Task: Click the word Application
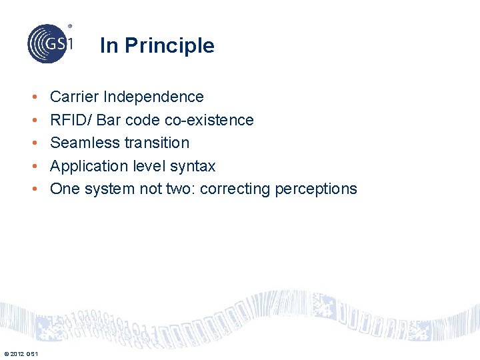tap(86, 166)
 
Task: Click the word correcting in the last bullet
tap(234, 189)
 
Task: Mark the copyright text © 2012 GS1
tap(20, 353)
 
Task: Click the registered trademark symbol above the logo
tap(70, 26)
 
